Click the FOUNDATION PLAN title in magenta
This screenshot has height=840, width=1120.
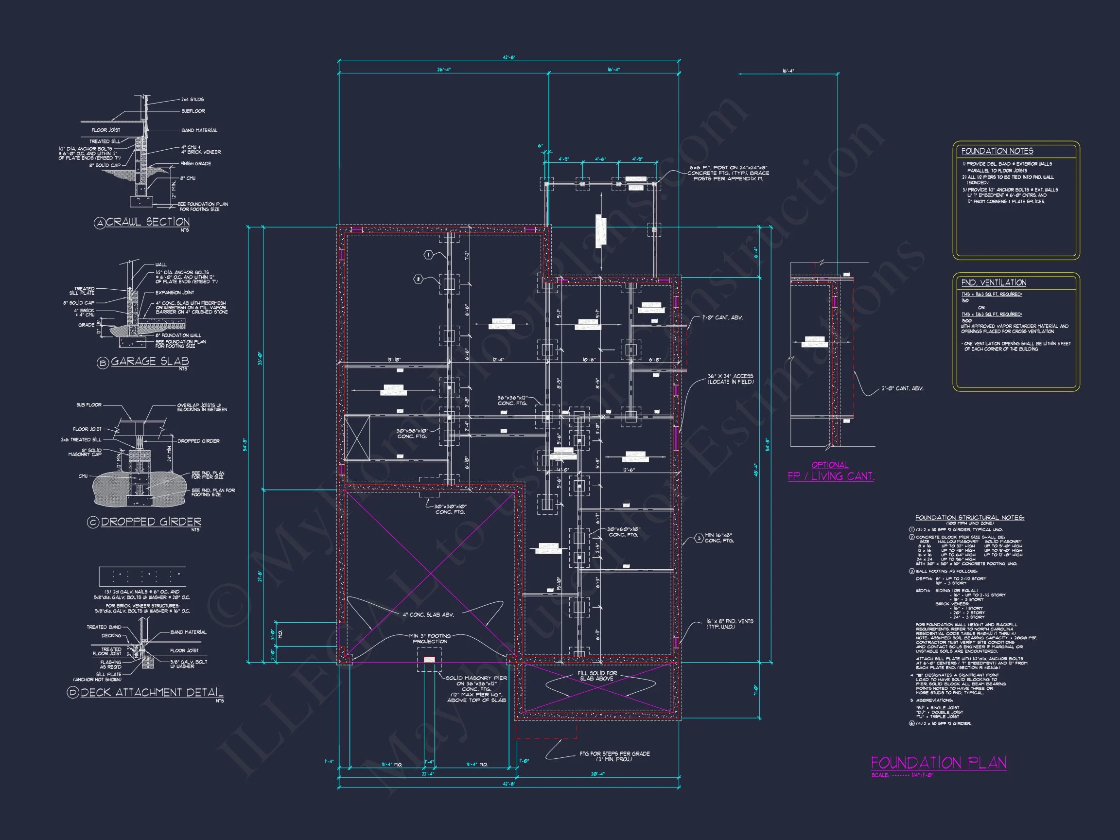pyautogui.click(x=938, y=763)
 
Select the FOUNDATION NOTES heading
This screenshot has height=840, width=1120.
pyautogui.click(x=997, y=151)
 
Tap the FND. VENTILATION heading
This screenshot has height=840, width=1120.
pyautogui.click(x=994, y=282)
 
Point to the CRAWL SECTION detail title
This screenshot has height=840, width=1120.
pyautogui.click(x=147, y=222)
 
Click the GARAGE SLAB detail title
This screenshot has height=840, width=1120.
pyautogui.click(x=149, y=361)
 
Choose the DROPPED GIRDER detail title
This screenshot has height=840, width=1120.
pyautogui.click(x=151, y=522)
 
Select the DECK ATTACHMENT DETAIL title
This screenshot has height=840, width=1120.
pyautogui.click(x=152, y=692)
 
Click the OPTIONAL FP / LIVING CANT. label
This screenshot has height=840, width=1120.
pyautogui.click(x=830, y=471)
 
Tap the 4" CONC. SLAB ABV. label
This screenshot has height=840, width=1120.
pyautogui.click(x=428, y=614)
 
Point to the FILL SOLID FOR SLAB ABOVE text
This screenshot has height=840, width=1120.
pyautogui.click(x=597, y=675)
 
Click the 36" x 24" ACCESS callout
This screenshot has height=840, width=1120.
pyautogui.click(x=730, y=379)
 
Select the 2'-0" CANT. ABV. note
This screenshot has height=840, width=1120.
pyautogui.click(x=902, y=388)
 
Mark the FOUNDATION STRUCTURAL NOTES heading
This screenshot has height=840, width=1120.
pyautogui.click(x=970, y=518)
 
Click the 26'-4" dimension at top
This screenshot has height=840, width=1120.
pyautogui.click(x=443, y=70)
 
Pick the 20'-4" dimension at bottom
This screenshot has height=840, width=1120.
pyautogui.click(x=597, y=774)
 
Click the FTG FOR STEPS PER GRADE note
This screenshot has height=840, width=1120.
pyautogui.click(x=614, y=756)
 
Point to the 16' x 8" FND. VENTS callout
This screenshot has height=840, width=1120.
pyautogui.click(x=729, y=624)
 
